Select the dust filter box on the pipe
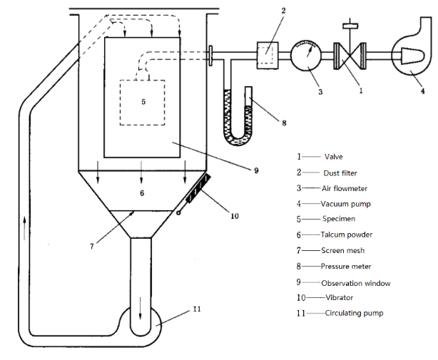(267, 53)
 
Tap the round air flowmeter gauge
(307, 54)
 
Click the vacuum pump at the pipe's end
(412, 55)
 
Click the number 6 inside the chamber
(142, 193)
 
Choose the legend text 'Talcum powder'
(347, 235)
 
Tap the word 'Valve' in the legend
(334, 156)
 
